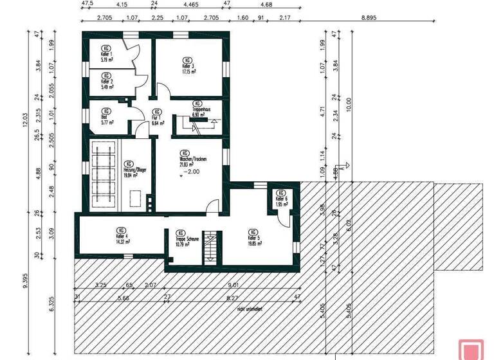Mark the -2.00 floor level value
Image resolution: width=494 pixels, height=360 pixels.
coord(192,172)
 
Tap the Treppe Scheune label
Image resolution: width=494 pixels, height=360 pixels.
coord(187,240)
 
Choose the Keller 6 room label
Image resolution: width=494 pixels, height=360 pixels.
coord(282,199)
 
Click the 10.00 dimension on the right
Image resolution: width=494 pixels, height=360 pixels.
coord(348,103)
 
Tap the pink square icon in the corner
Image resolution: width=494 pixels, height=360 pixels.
coord(470,349)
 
